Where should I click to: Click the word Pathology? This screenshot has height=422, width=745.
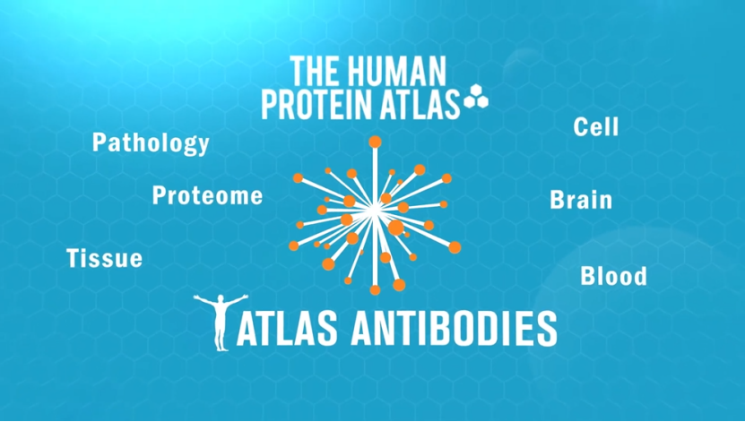coord(151,143)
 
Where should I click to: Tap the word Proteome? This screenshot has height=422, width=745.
coord(207,195)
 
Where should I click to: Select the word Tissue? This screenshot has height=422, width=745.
coord(105,258)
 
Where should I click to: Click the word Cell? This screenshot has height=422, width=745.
coord(596,126)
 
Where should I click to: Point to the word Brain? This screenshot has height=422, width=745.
coord(581,200)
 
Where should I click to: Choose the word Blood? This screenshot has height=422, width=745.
coord(613,276)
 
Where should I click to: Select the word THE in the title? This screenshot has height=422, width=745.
coord(316,71)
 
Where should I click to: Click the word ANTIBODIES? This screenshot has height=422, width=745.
coord(454,329)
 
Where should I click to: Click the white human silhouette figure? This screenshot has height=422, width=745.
coord(221,323)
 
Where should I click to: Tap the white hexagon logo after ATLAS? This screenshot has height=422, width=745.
coord(476,96)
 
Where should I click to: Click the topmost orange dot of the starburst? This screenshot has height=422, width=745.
coord(376,142)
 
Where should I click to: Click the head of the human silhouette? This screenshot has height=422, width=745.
coord(221,298)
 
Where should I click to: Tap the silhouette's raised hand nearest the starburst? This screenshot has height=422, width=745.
coord(244,297)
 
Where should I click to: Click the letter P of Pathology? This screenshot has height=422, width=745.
coord(99,142)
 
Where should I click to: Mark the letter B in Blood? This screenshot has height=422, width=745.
coord(587,276)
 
